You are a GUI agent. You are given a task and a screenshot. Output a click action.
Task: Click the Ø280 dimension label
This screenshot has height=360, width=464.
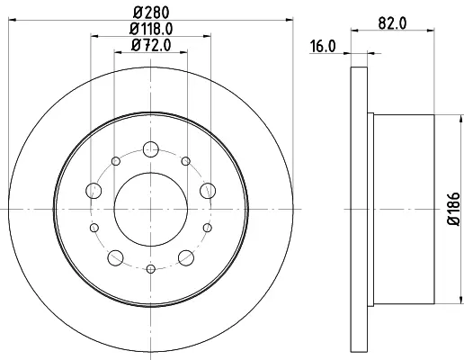(x=151, y=13)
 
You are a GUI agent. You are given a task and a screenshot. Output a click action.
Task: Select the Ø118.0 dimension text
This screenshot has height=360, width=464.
(x=151, y=29)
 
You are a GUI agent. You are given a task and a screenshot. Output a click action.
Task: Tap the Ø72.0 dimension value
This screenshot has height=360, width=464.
(x=151, y=45)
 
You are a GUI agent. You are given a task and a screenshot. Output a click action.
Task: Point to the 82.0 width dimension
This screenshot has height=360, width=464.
(x=392, y=23)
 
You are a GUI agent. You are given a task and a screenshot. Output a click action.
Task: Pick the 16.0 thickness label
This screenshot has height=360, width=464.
(x=323, y=47)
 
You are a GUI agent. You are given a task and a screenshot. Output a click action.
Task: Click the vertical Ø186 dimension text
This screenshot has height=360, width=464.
(x=453, y=209)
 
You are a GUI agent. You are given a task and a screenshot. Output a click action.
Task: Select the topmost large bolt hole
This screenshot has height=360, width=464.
(x=151, y=149)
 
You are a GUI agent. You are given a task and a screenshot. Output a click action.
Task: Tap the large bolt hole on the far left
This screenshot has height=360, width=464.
(x=94, y=191)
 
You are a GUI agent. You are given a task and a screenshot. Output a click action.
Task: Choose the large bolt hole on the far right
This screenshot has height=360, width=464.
(x=208, y=191)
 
